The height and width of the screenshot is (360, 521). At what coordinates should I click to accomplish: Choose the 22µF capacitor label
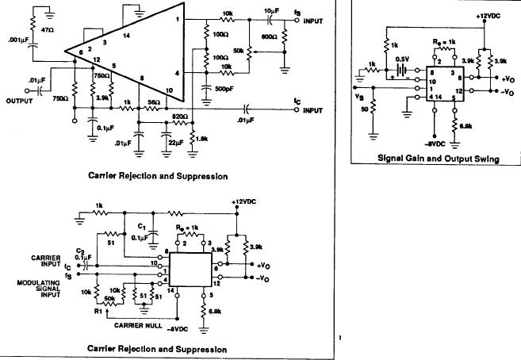pos(175,141)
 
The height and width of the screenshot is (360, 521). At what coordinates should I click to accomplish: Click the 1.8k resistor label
pos(201,138)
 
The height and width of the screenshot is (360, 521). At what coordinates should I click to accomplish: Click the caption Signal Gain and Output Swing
pos(437,159)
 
